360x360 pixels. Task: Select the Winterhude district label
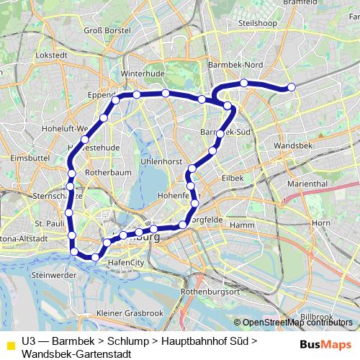coord(139,74)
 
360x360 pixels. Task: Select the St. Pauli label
coord(50,224)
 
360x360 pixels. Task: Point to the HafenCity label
coord(124,264)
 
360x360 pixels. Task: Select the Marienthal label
coord(307,184)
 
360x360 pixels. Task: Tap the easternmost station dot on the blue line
coord(292,87)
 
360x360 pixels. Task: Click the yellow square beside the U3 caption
coord(9,346)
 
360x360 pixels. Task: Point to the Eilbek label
coord(233,177)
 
